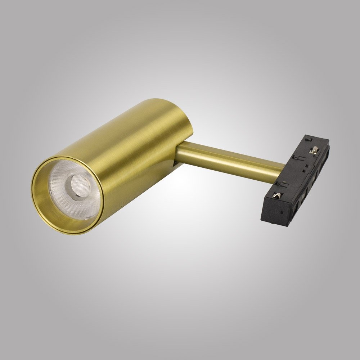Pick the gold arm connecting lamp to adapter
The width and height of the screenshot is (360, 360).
tap(230, 158)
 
